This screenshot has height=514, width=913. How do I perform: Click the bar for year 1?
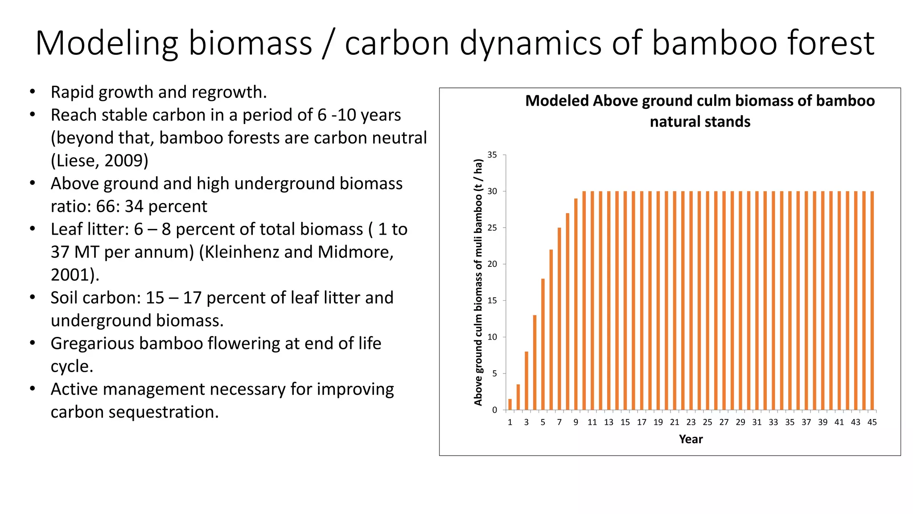click(x=510, y=404)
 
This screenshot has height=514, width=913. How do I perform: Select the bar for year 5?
click(x=543, y=344)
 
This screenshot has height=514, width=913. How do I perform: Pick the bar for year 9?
click(x=576, y=304)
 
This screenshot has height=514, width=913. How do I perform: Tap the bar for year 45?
click(x=872, y=301)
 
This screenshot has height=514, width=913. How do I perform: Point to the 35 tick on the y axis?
click(x=492, y=155)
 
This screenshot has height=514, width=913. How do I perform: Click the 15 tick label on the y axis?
click(x=492, y=301)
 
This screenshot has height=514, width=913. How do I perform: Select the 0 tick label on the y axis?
click(x=494, y=410)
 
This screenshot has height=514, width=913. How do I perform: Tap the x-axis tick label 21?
click(x=674, y=422)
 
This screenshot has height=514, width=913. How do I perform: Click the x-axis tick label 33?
click(x=773, y=422)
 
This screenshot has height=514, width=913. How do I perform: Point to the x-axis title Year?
click(x=691, y=439)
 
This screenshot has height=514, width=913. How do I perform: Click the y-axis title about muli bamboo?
click(x=478, y=282)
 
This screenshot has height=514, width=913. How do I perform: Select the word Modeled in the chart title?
click(x=557, y=101)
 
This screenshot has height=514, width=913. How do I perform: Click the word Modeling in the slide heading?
click(x=107, y=43)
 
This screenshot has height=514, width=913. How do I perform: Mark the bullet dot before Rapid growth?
click(x=32, y=92)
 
